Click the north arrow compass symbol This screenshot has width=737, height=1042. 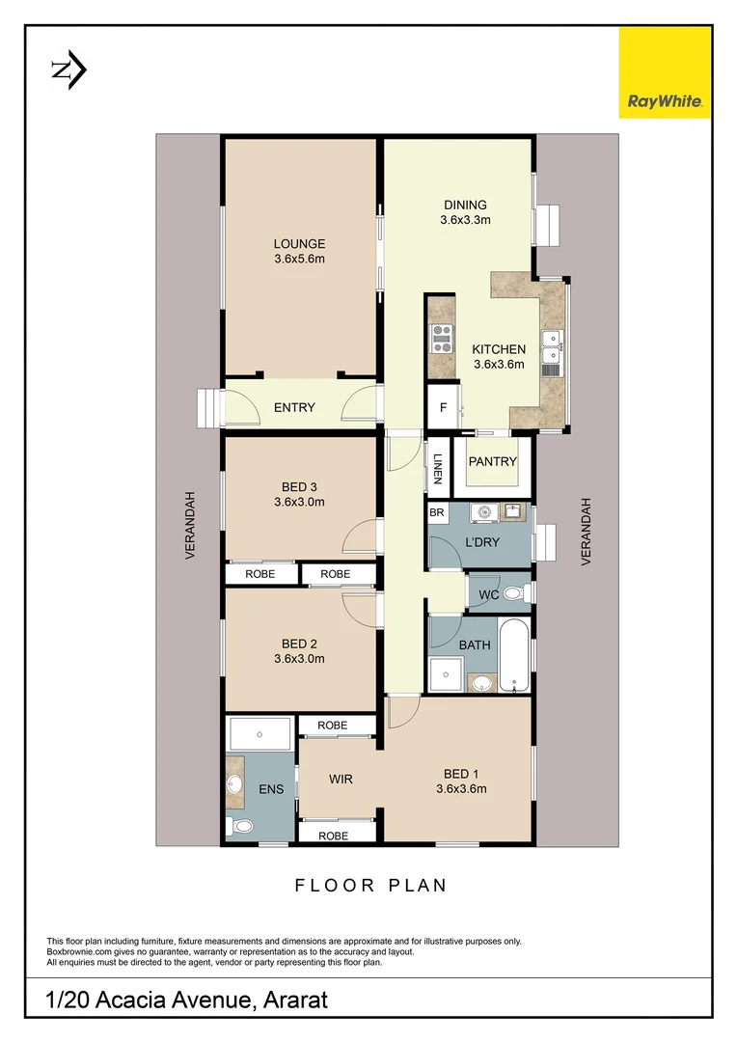[x=68, y=69]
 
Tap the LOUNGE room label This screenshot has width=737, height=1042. [x=298, y=244]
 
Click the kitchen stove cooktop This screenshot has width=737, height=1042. [x=441, y=337]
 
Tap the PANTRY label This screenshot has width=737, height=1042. [x=493, y=462]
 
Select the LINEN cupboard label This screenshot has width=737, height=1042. [x=437, y=465]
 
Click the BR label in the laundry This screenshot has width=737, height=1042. [x=437, y=513]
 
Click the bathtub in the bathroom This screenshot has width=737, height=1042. [x=514, y=656]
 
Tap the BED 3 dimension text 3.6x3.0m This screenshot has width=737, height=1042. [x=299, y=502]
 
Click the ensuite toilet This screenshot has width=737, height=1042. [x=241, y=826]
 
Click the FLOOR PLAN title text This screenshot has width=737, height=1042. [x=370, y=885]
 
